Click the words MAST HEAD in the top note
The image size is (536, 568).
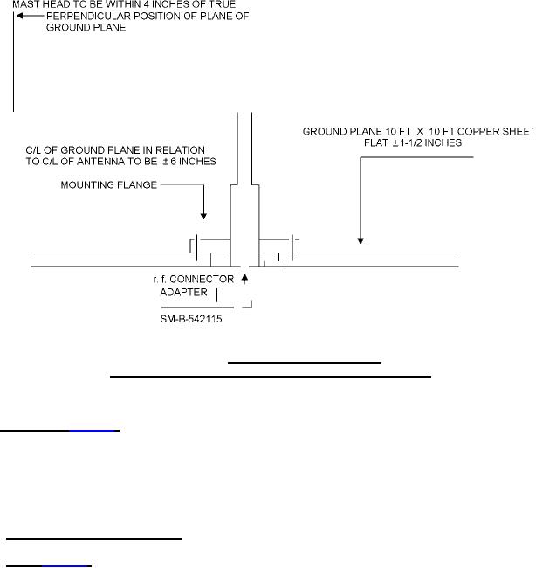pyautogui.click(x=32, y=6)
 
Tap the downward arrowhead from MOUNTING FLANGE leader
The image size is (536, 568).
pyautogui.click(x=203, y=215)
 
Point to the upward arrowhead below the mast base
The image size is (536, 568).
pyautogui.click(x=245, y=278)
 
